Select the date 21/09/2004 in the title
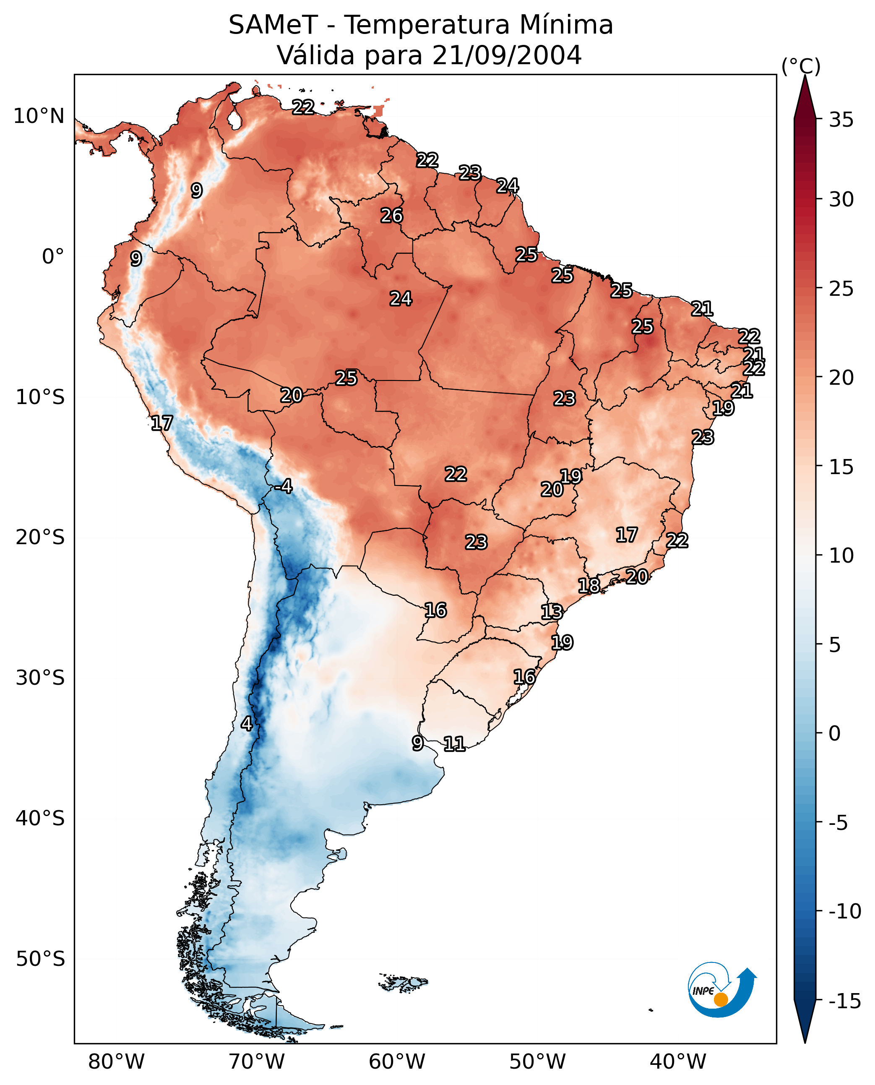click(507, 55)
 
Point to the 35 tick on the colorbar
click(841, 120)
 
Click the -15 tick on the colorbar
click(844, 1001)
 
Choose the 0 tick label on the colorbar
click(835, 733)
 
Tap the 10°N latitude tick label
click(39, 117)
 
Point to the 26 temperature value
click(392, 216)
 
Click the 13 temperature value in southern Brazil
click(552, 612)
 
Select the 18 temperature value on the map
click(589, 586)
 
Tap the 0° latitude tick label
click(53, 257)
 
